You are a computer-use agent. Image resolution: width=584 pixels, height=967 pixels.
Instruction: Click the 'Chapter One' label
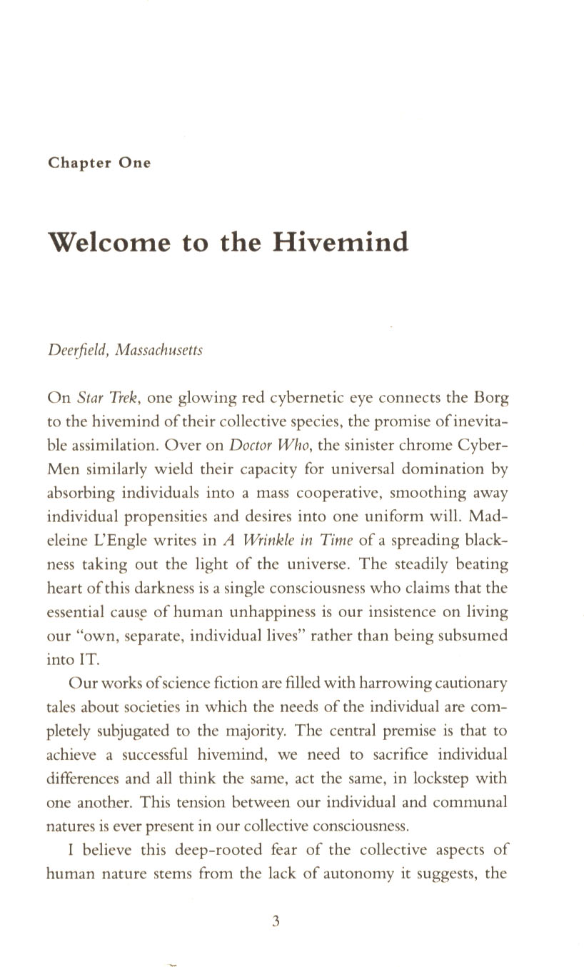click(x=99, y=163)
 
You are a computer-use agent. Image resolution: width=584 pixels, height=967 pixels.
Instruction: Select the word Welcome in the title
click(x=110, y=242)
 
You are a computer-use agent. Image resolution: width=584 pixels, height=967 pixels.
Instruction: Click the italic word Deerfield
click(x=75, y=351)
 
